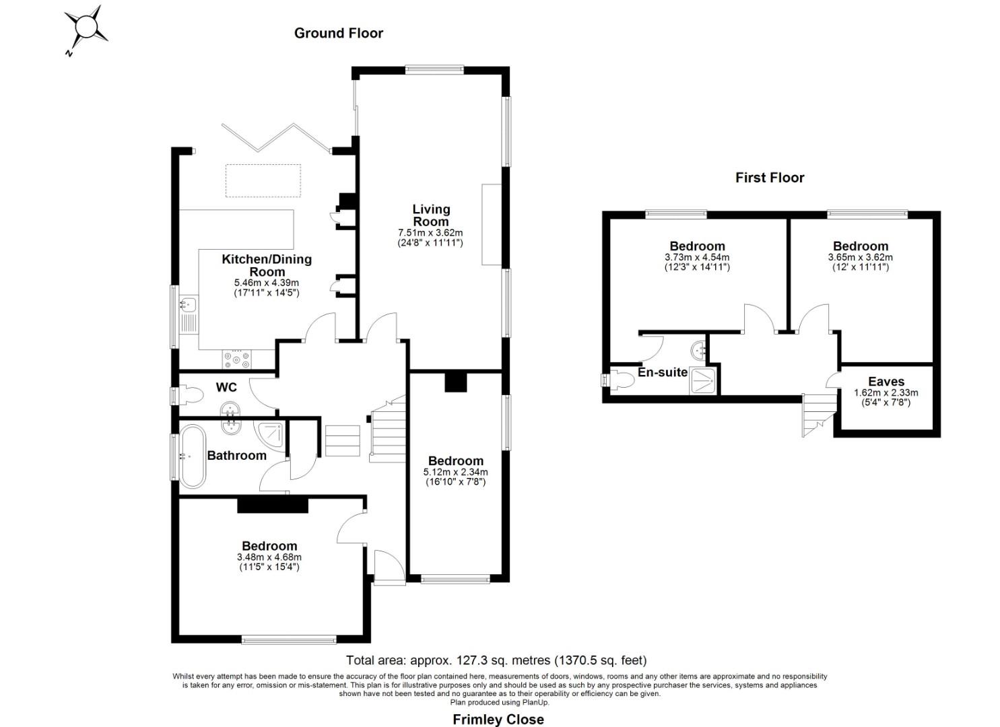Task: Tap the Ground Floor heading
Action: click(338, 33)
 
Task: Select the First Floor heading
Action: click(769, 178)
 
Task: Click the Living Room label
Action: click(431, 215)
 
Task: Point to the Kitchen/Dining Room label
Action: click(267, 265)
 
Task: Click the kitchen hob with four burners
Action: click(236, 359)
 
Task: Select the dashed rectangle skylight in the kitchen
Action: click(263, 180)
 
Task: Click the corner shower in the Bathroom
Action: click(271, 431)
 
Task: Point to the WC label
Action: click(226, 388)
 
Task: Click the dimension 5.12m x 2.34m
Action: click(455, 472)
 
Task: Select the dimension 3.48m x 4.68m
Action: click(269, 557)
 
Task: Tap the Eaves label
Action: click(886, 382)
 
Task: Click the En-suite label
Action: click(663, 372)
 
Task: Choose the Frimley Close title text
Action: click(498, 720)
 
